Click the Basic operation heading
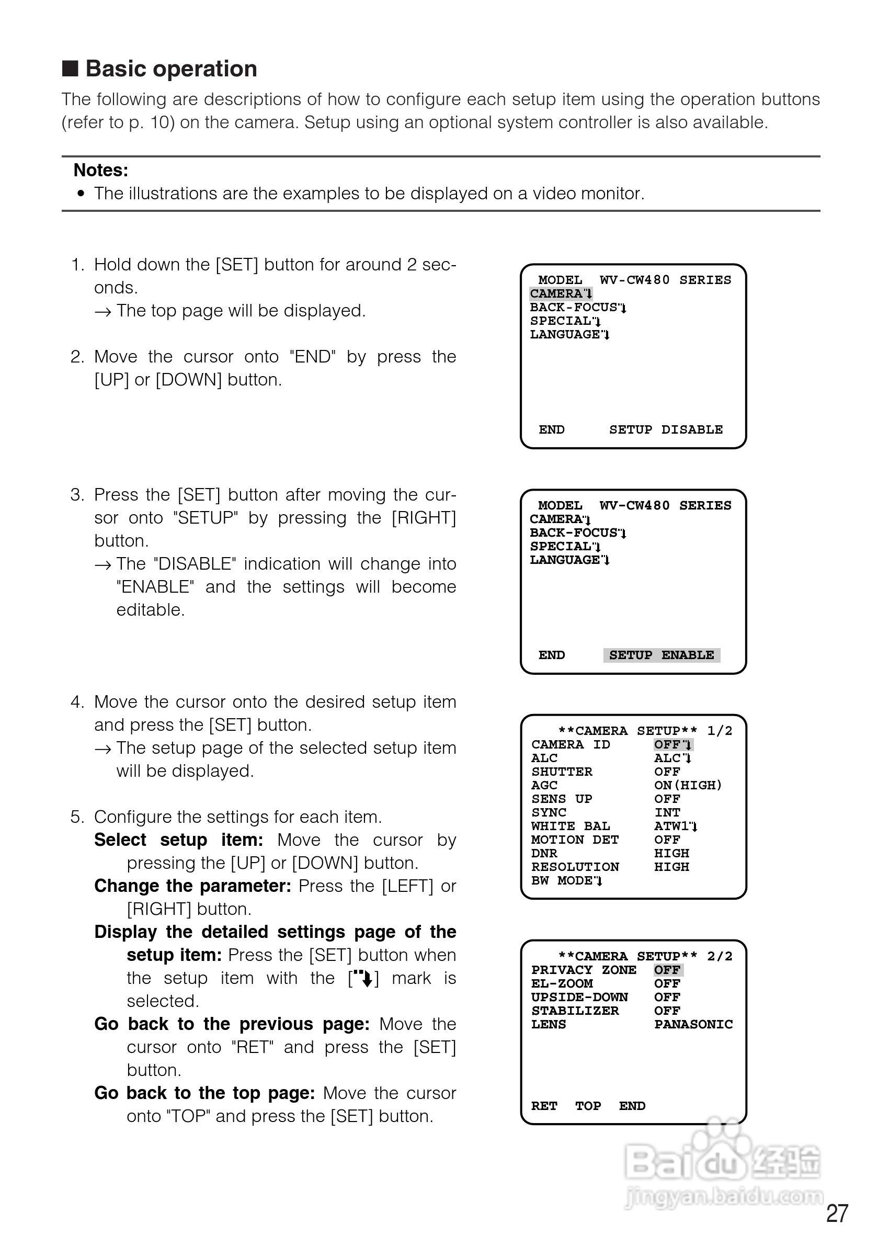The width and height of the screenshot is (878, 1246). tap(171, 69)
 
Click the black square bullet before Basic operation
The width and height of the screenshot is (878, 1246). tap(70, 69)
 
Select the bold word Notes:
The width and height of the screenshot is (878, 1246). tap(101, 171)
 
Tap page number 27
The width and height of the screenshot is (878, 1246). tap(837, 1214)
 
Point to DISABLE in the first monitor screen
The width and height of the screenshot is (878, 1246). tap(692, 430)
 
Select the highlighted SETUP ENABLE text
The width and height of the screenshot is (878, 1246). tap(662, 655)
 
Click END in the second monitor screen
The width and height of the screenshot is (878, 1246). tap(551, 655)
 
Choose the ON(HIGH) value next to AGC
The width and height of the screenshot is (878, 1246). tap(688, 785)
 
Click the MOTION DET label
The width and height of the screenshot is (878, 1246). tap(575, 840)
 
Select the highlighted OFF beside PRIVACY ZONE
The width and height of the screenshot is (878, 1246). tap(667, 970)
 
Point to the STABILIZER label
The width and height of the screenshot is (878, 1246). tap(575, 1011)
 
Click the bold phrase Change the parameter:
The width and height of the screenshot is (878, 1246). tap(192, 886)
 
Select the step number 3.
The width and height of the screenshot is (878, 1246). tap(77, 495)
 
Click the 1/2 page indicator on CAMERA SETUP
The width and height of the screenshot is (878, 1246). tap(720, 731)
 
